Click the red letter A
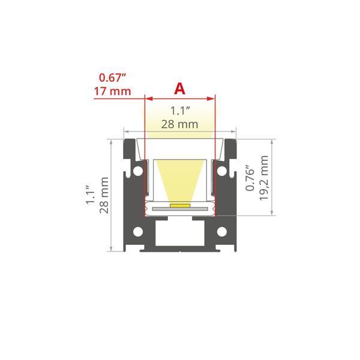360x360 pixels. [179, 89]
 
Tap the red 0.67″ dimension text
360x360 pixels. [113, 77]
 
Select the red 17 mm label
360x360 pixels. [113, 91]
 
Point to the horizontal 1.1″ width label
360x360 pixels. [180, 111]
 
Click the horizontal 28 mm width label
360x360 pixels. [179, 124]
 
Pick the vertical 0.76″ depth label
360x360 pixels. [250, 178]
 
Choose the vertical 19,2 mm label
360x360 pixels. [264, 178]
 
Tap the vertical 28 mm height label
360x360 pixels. [104, 196]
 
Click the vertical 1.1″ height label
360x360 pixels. [90, 194]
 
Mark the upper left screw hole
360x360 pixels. [138, 171]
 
